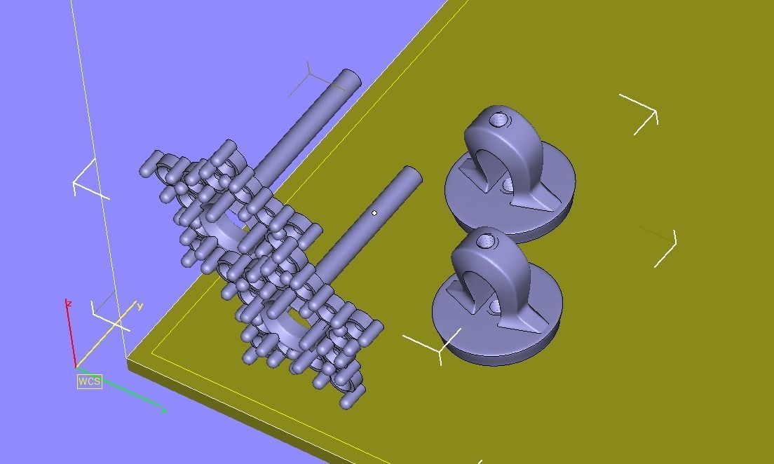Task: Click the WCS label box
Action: click(x=90, y=381)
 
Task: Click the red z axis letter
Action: click(x=69, y=303)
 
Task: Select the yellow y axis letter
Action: click(x=140, y=306)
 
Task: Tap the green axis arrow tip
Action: click(x=163, y=411)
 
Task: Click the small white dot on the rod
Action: click(x=374, y=213)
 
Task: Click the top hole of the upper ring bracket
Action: click(x=499, y=120)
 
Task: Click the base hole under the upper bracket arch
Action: click(x=508, y=185)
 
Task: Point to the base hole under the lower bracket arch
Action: click(x=495, y=307)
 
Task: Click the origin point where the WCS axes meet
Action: click(x=76, y=367)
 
